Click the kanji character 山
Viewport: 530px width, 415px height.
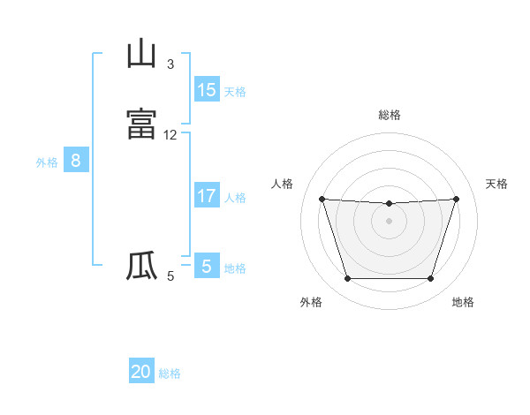(141, 55)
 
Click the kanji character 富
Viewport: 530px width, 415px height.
(141, 124)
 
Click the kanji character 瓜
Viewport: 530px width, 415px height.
(141, 266)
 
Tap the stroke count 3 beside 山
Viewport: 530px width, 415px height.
(170, 64)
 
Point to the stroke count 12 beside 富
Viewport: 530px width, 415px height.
(170, 134)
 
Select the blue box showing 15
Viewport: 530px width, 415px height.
(206, 90)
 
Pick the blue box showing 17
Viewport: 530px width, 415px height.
(206, 196)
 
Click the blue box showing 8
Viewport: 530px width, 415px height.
(76, 161)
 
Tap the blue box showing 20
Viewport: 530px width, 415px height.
(141, 372)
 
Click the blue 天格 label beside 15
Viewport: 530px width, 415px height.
(235, 92)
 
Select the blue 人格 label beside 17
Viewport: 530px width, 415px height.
(235, 198)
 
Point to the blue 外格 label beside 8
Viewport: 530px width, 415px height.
(47, 162)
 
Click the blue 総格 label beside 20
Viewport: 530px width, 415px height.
(170, 373)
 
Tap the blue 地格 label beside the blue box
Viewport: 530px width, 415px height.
(235, 268)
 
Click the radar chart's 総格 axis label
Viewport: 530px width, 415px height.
(390, 115)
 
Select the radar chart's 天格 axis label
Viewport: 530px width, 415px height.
(496, 184)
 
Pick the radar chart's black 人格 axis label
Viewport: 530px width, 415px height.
(283, 184)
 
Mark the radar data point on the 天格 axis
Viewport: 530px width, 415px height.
(457, 199)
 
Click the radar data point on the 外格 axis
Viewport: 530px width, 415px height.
(347, 279)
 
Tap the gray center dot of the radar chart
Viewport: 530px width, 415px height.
(390, 221)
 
